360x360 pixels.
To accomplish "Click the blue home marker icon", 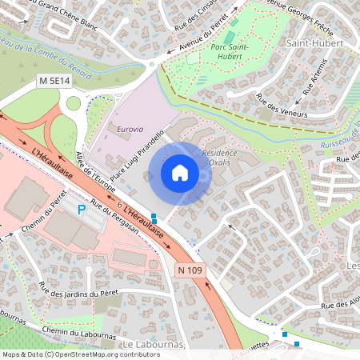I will click(x=180, y=173).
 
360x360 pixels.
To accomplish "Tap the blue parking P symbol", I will click(x=81, y=210).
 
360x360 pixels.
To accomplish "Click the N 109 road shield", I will click(x=191, y=271).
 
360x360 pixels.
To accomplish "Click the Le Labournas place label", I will click(x=154, y=345).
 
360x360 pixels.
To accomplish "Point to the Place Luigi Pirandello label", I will click(x=137, y=155).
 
